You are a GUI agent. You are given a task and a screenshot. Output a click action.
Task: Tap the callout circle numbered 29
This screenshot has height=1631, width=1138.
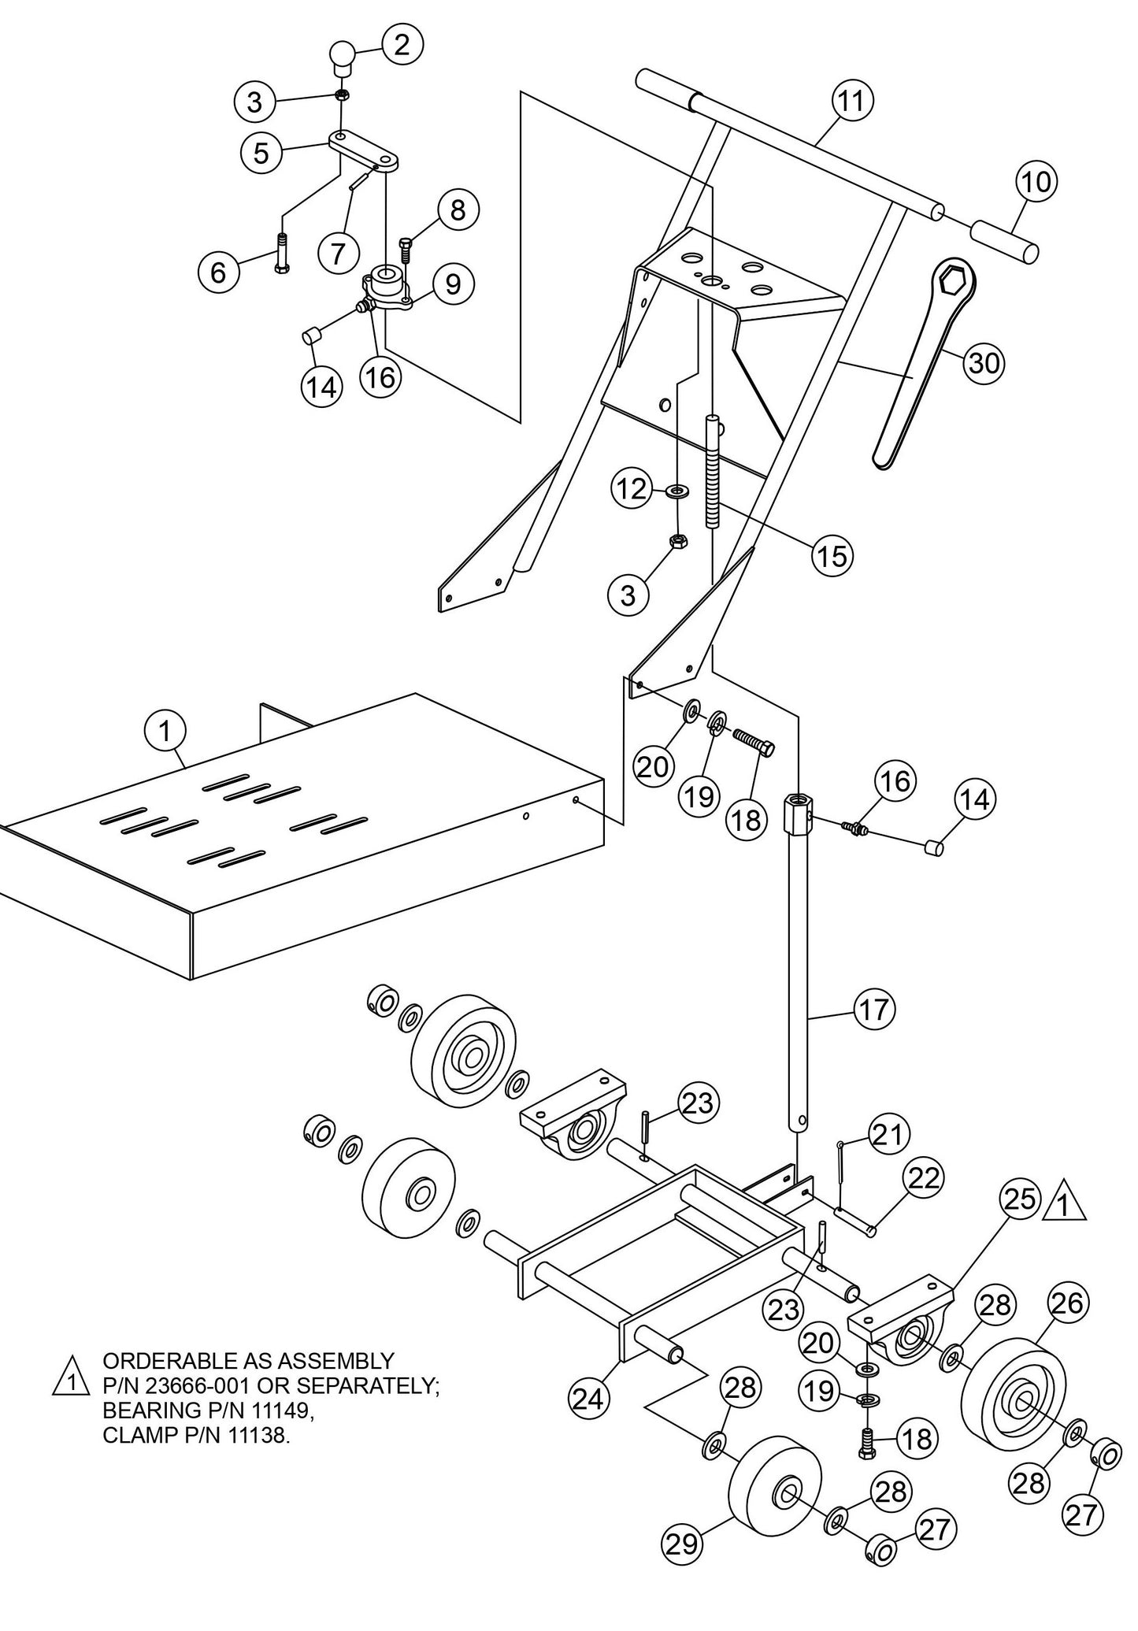tap(681, 1544)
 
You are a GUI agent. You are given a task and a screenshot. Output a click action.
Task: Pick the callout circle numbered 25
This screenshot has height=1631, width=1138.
tap(1020, 1199)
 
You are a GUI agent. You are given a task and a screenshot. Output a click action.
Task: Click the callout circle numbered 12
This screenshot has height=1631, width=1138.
tap(632, 490)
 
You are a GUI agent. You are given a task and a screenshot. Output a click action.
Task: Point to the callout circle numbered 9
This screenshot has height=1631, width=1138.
tap(453, 284)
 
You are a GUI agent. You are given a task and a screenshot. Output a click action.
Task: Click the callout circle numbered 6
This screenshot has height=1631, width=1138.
tap(218, 272)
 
